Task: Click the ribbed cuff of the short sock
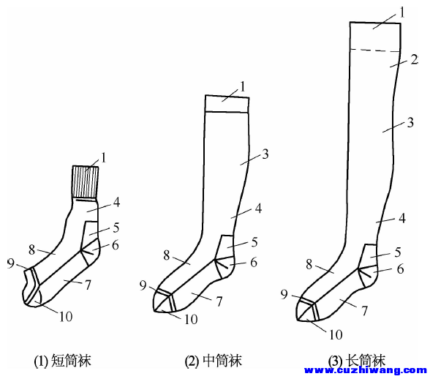coord(86,181)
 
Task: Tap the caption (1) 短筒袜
coord(63,361)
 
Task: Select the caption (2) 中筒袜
coord(214,361)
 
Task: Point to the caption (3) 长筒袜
coord(357,361)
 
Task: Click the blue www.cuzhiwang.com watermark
coord(366,370)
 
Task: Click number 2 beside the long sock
coord(414,60)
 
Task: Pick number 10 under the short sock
coord(66,317)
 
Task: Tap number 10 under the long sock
coord(336,334)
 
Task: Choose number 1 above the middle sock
coord(242,87)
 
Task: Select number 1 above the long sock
coord(402,13)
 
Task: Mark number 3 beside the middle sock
coord(265,154)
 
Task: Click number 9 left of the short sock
coord(10,263)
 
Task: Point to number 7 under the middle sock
coord(219,301)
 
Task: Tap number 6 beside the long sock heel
coord(401,269)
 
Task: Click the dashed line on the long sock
coord(375,50)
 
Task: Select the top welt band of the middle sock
coord(227,104)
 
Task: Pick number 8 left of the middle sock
coord(167,255)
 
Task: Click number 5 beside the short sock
coord(116,228)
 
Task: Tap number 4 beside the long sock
coord(401,219)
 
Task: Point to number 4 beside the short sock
coord(116,203)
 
